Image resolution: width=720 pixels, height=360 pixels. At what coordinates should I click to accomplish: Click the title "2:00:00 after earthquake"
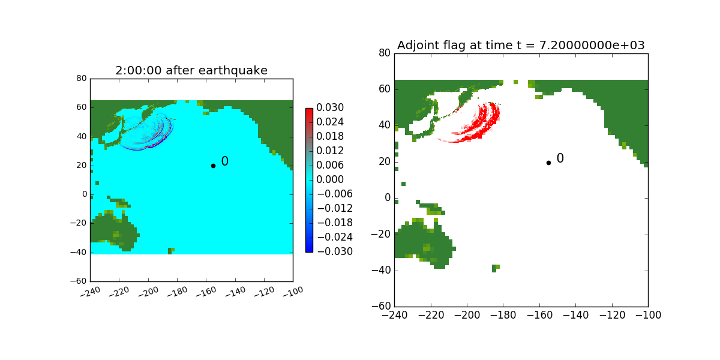(191, 71)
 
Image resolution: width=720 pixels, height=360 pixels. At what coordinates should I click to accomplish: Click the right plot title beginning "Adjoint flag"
(521, 46)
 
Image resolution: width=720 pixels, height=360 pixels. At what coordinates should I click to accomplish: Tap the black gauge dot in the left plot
(213, 166)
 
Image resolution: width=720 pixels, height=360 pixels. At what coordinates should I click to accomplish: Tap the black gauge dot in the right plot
(548, 163)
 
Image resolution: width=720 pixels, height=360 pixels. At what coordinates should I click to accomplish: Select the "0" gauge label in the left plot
(224, 161)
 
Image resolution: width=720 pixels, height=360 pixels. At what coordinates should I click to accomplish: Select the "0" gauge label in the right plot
(560, 158)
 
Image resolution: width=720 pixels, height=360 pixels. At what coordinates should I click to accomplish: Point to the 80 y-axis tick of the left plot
(82, 79)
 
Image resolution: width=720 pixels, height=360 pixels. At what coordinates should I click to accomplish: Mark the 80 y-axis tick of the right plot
(383, 53)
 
